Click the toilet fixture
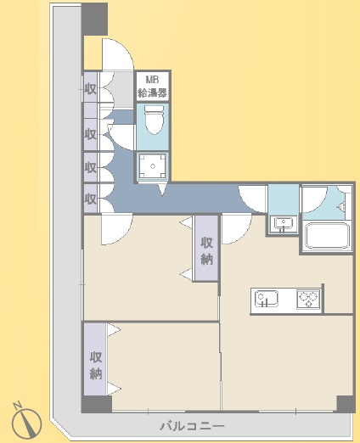tap(155, 119)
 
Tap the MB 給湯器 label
tap(152, 87)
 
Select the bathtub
tap(327, 236)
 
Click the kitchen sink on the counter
tap(266, 299)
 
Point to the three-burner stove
tap(308, 299)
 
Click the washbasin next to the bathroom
tap(282, 224)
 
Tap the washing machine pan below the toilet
tap(153, 166)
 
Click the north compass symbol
tap(26, 420)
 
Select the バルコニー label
tap(193, 426)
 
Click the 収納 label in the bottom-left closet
tap(96, 366)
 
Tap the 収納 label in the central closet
tap(206, 250)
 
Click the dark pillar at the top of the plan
tap(95, 19)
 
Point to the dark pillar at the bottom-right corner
tap(346, 404)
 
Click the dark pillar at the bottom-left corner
tap(97, 404)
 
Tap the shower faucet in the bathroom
tap(341, 207)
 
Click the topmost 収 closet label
tap(90, 89)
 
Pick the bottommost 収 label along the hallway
tap(90, 199)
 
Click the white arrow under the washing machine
tap(162, 189)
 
